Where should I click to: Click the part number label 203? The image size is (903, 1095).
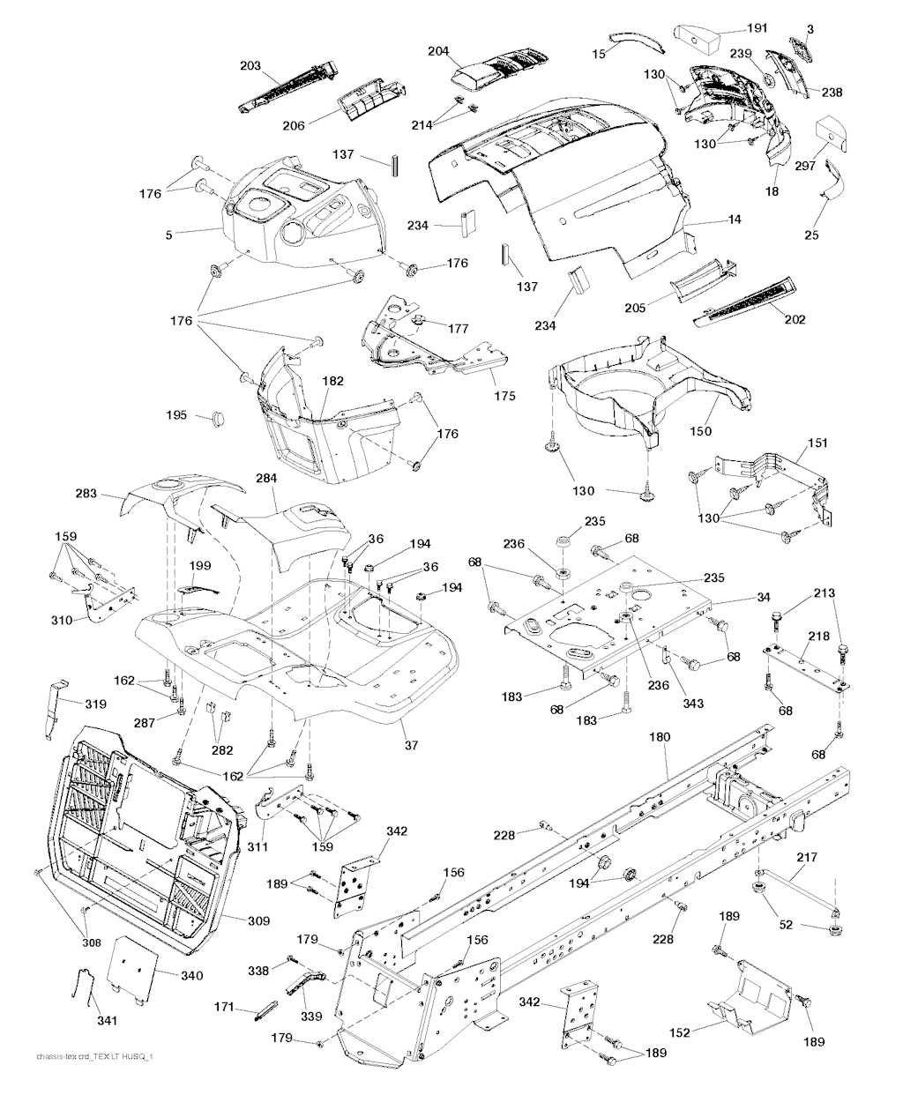(251, 65)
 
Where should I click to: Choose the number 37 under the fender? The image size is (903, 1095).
(411, 746)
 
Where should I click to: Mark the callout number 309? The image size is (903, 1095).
(258, 921)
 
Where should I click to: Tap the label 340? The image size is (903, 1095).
(191, 976)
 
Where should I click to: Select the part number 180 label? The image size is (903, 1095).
(660, 735)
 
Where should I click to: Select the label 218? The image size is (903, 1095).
(819, 636)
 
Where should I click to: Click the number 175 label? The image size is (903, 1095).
(504, 397)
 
